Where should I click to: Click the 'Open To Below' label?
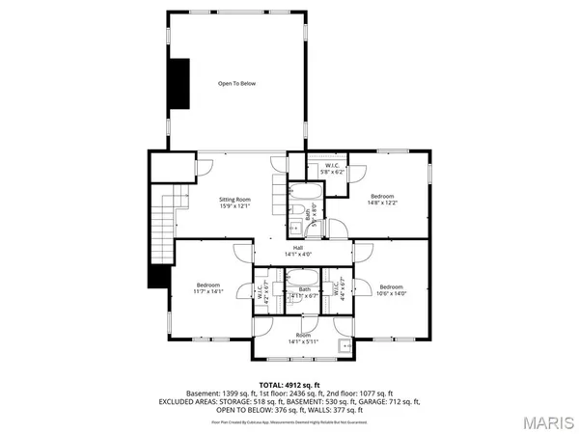pyautogui.click(x=235, y=84)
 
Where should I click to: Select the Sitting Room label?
pyautogui.click(x=234, y=203)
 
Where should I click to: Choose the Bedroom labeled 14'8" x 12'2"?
pyautogui.click(x=380, y=201)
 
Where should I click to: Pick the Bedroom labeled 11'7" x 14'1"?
pyautogui.click(x=209, y=288)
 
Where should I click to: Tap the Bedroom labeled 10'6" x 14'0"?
pyautogui.click(x=391, y=289)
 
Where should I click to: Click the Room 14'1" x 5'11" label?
pyautogui.click(x=302, y=339)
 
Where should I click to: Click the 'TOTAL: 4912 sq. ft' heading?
pyautogui.click(x=289, y=385)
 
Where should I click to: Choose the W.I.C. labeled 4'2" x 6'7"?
pyautogui.click(x=261, y=290)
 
